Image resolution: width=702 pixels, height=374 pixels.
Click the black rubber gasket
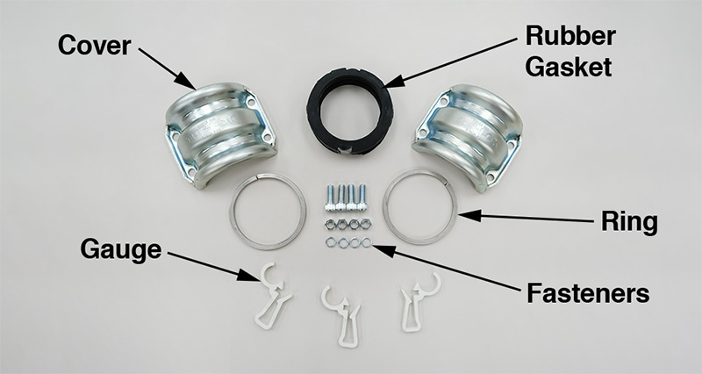pos(348,111)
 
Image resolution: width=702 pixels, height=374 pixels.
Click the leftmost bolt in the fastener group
pos(329,198)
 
